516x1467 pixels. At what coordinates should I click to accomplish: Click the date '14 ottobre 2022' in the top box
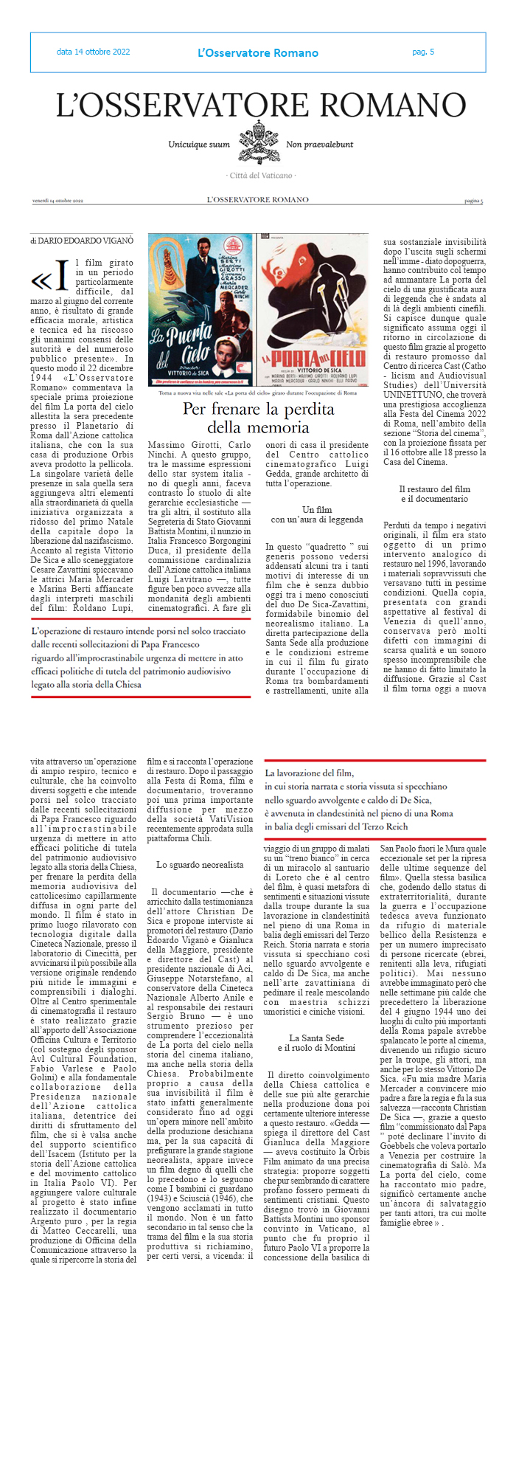[93, 52]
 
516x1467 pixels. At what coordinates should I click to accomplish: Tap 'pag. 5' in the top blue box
[423, 52]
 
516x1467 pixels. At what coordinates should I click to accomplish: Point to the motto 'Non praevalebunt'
[319, 145]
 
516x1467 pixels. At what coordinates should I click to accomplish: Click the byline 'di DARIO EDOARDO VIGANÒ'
[82, 241]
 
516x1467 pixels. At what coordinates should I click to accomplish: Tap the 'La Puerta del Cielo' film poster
[201, 310]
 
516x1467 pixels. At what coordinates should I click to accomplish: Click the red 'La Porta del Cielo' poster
[313, 310]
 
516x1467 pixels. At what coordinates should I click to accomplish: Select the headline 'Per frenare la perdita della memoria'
[258, 418]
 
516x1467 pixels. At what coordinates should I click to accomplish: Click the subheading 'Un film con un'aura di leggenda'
[317, 514]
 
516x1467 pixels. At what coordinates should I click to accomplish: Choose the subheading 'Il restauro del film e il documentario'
[435, 494]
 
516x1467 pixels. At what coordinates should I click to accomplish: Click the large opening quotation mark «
[41, 281]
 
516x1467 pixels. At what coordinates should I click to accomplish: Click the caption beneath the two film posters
[258, 393]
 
